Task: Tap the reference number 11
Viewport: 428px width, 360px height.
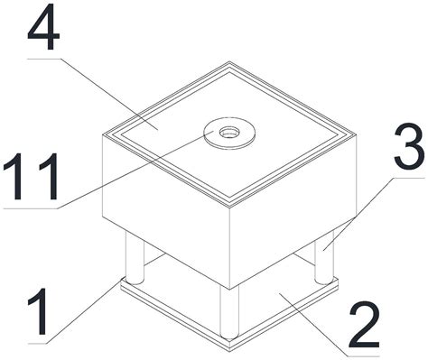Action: pos(30,176)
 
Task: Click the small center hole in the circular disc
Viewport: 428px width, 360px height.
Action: pos(229,132)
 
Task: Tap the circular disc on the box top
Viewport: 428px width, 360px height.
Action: pos(229,133)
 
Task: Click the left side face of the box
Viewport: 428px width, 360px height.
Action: pos(166,210)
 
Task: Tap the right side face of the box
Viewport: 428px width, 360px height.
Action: pos(293,210)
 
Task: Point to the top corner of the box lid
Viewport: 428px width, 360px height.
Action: pos(229,62)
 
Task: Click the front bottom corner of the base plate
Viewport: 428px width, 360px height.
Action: pos(229,350)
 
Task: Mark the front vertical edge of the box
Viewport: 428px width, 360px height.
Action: pos(229,248)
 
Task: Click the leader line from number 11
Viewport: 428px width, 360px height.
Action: pos(108,170)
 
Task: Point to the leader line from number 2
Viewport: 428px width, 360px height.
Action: pos(329,325)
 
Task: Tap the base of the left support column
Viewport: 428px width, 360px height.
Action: pos(135,282)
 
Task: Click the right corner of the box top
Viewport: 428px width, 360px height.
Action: pos(357,134)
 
